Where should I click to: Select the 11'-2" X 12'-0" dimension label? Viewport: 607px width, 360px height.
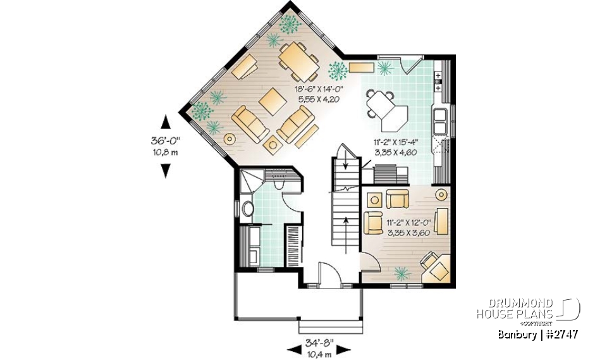[x=407, y=227]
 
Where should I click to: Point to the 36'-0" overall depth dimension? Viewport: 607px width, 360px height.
[x=166, y=144]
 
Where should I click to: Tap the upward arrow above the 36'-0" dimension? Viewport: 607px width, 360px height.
[x=166, y=123]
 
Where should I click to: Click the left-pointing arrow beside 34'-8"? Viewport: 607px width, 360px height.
[x=293, y=348]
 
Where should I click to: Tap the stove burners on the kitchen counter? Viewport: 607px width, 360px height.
[x=438, y=81]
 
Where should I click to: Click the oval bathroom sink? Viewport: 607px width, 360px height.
[x=247, y=208]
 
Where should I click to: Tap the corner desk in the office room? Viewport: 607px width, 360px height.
[x=434, y=265]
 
